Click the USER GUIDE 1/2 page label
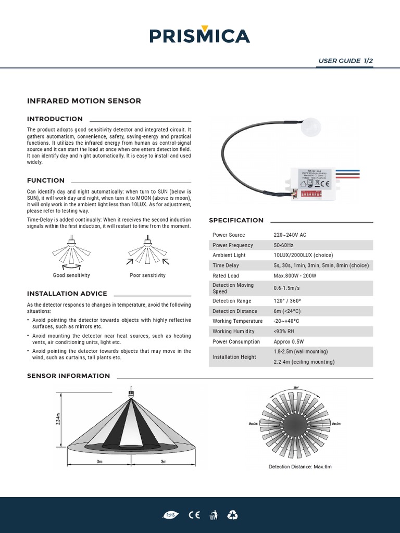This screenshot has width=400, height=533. tap(345, 61)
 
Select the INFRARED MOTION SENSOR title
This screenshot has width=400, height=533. tap(84, 101)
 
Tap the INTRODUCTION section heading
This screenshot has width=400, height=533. tap(55, 119)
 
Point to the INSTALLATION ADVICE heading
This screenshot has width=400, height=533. tap(67, 294)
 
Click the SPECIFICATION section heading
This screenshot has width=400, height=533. tap(236, 220)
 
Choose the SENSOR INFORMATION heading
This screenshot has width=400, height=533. tap(68, 376)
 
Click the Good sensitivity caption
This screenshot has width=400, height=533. tap(71, 275)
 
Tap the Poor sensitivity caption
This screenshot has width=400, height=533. tap(147, 275)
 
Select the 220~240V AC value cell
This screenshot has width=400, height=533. tap(290, 235)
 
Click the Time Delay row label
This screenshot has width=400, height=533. tap(226, 265)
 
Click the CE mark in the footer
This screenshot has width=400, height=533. tap(194, 515)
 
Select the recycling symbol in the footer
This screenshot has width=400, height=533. tap(232, 515)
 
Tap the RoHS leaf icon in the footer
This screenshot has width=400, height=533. tap(170, 515)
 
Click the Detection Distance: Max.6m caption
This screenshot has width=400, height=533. tap(299, 467)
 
